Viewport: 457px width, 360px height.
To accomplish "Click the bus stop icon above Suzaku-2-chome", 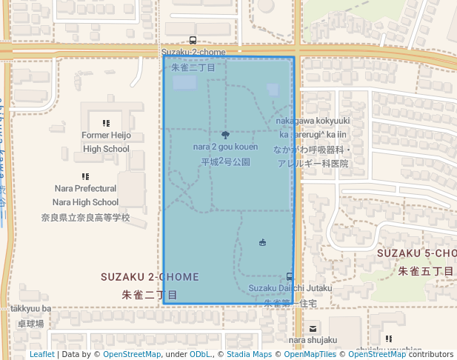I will pos(193,41).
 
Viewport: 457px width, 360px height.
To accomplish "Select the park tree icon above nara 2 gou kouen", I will pos(225,135).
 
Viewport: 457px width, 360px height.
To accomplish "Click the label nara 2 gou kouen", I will pos(225,147).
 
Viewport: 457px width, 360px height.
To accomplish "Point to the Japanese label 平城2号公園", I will pos(225,161).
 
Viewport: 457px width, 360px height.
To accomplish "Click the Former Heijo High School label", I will pos(106,142).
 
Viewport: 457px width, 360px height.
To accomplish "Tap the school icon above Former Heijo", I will pos(106,123).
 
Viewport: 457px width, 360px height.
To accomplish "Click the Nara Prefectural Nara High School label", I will pos(85,195).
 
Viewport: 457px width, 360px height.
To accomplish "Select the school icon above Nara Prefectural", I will pos(85,176).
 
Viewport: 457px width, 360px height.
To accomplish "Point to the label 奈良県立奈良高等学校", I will pos(85,218).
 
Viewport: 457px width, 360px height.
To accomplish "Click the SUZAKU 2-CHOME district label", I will pos(150,277).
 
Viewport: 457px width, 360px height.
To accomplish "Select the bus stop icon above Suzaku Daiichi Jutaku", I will pos(290,276).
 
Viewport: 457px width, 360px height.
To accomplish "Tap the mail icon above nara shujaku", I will pos(313,329).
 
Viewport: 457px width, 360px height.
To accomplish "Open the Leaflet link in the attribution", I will pos(41,354).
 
